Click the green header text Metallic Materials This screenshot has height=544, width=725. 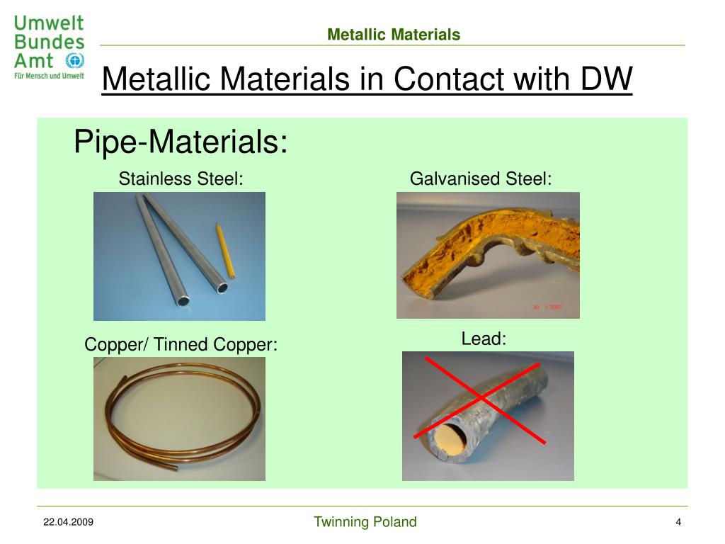pyautogui.click(x=394, y=34)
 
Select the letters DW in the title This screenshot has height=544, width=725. pyautogui.click(x=606, y=79)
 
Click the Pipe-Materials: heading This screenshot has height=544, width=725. pyautogui.click(x=181, y=142)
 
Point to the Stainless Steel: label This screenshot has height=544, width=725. pyautogui.click(x=181, y=179)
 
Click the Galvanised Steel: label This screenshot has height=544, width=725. pyautogui.click(x=481, y=179)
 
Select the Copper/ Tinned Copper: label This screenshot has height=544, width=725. pyautogui.click(x=181, y=345)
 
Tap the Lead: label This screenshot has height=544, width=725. pyautogui.click(x=484, y=339)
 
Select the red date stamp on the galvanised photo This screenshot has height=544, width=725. pyautogui.click(x=546, y=307)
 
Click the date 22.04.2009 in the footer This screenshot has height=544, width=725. pyautogui.click(x=68, y=523)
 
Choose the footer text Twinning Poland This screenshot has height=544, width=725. pyautogui.click(x=365, y=523)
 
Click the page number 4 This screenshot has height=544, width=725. pyautogui.click(x=678, y=523)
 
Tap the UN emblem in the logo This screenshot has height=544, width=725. pyautogui.click(x=74, y=60)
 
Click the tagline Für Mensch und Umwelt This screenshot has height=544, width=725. pyautogui.click(x=49, y=76)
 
